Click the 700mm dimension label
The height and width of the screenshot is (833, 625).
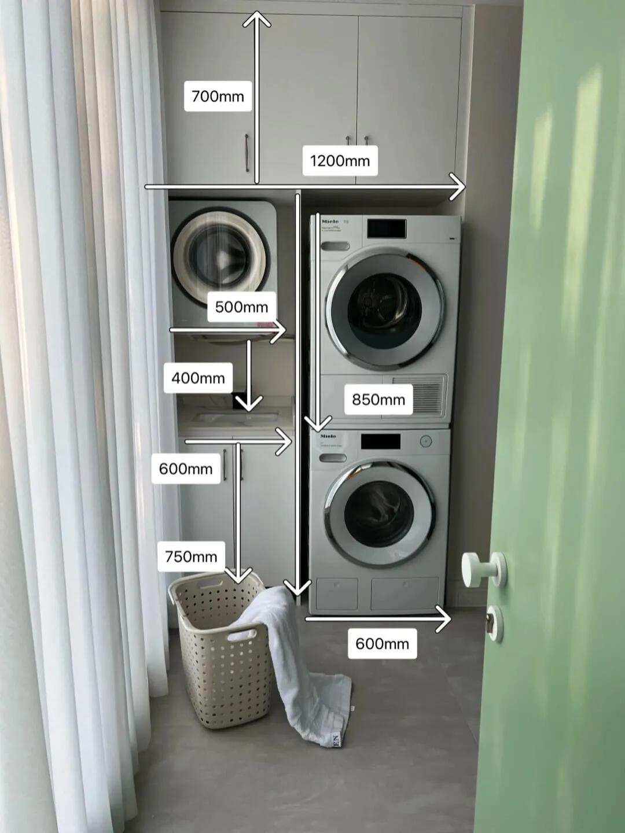click(x=218, y=96)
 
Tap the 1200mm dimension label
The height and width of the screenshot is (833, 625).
click(x=340, y=160)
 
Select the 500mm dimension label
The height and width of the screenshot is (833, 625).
click(x=241, y=307)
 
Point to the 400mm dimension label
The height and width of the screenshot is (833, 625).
click(x=198, y=378)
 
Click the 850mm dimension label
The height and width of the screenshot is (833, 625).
click(x=378, y=399)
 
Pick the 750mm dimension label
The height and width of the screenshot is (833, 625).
click(x=191, y=556)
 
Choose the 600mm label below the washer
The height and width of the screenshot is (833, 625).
click(x=382, y=643)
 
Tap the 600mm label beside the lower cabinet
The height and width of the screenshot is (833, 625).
click(x=185, y=469)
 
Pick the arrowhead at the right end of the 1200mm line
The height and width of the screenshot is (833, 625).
click(x=458, y=187)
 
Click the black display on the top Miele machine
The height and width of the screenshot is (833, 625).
click(x=386, y=228)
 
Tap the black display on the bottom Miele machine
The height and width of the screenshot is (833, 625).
click(x=380, y=442)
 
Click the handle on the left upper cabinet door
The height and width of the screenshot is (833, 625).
click(x=247, y=153)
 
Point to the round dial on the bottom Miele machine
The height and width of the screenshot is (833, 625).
click(x=426, y=441)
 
